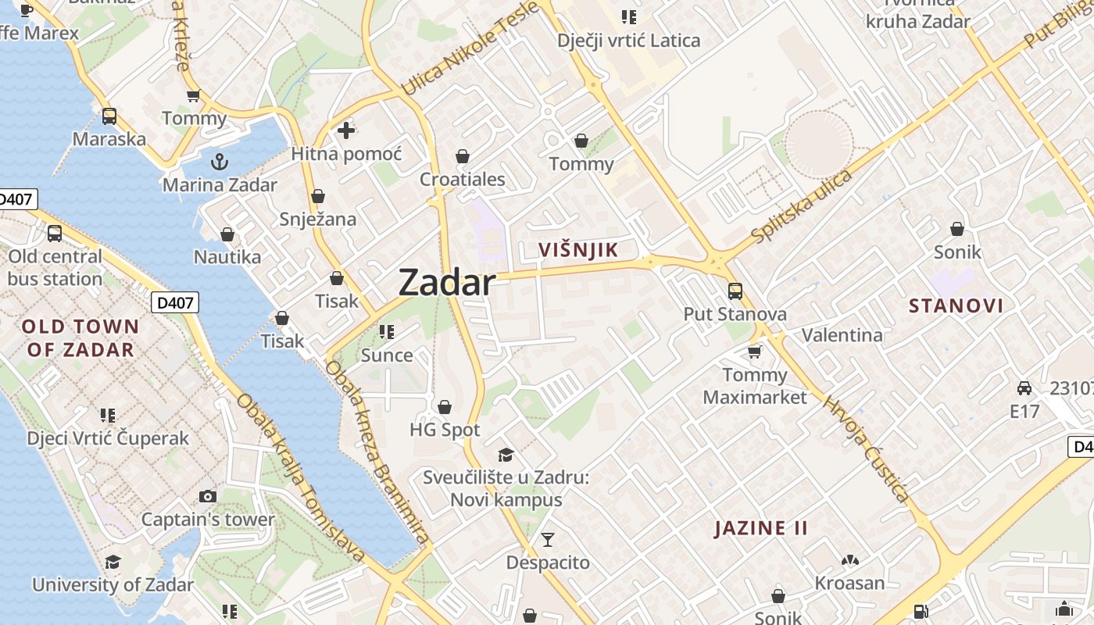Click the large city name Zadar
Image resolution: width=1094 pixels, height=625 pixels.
(447, 282)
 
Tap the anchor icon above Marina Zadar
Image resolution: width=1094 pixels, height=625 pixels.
(220, 162)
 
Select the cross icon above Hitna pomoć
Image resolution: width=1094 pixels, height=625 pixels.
(345, 130)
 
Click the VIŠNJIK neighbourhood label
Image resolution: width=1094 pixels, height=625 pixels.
(578, 251)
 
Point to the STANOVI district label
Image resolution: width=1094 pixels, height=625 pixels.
(956, 305)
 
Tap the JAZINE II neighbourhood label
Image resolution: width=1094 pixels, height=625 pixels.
(761, 528)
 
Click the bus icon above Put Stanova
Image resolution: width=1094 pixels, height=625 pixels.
(735, 291)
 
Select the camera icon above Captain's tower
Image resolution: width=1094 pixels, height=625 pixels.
(207, 496)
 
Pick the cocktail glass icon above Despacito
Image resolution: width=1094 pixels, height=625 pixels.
(547, 539)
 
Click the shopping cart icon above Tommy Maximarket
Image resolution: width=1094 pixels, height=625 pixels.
(754, 352)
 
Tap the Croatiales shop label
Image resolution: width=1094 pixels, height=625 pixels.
(463, 180)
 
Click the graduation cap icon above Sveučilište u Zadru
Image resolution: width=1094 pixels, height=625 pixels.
(506, 455)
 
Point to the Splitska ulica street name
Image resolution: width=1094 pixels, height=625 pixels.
(801, 205)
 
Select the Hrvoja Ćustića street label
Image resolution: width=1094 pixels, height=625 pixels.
(867, 449)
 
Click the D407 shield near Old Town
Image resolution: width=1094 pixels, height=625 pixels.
(175, 302)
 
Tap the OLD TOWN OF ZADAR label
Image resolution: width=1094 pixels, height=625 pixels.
(80, 337)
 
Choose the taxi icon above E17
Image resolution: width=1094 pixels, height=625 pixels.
(1024, 387)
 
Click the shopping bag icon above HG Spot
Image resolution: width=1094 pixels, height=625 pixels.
(445, 407)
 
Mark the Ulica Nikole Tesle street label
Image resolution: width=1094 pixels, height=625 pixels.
(470, 48)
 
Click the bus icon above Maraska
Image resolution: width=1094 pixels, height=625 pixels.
(109, 116)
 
